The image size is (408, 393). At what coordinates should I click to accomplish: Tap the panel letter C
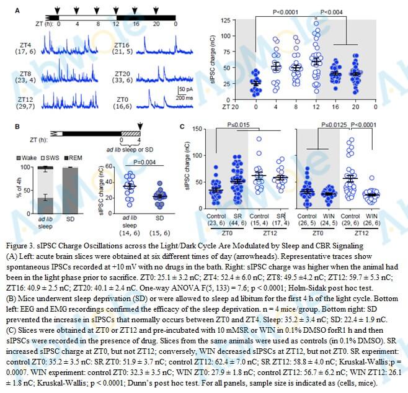(182, 127)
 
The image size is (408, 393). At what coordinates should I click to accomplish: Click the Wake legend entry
(32, 158)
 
